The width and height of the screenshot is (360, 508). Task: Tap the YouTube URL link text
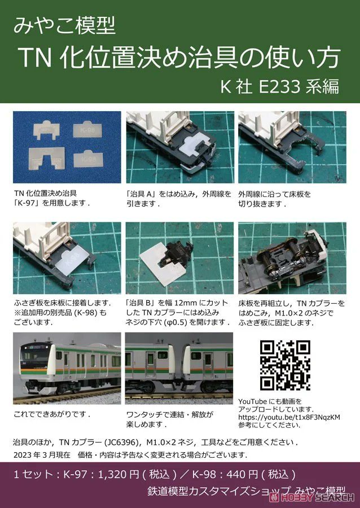click(289, 417)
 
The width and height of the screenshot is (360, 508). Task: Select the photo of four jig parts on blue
click(67, 147)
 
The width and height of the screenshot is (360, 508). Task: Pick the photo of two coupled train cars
click(179, 367)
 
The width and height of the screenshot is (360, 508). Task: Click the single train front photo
click(67, 367)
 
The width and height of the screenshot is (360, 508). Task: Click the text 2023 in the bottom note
click(23, 455)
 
